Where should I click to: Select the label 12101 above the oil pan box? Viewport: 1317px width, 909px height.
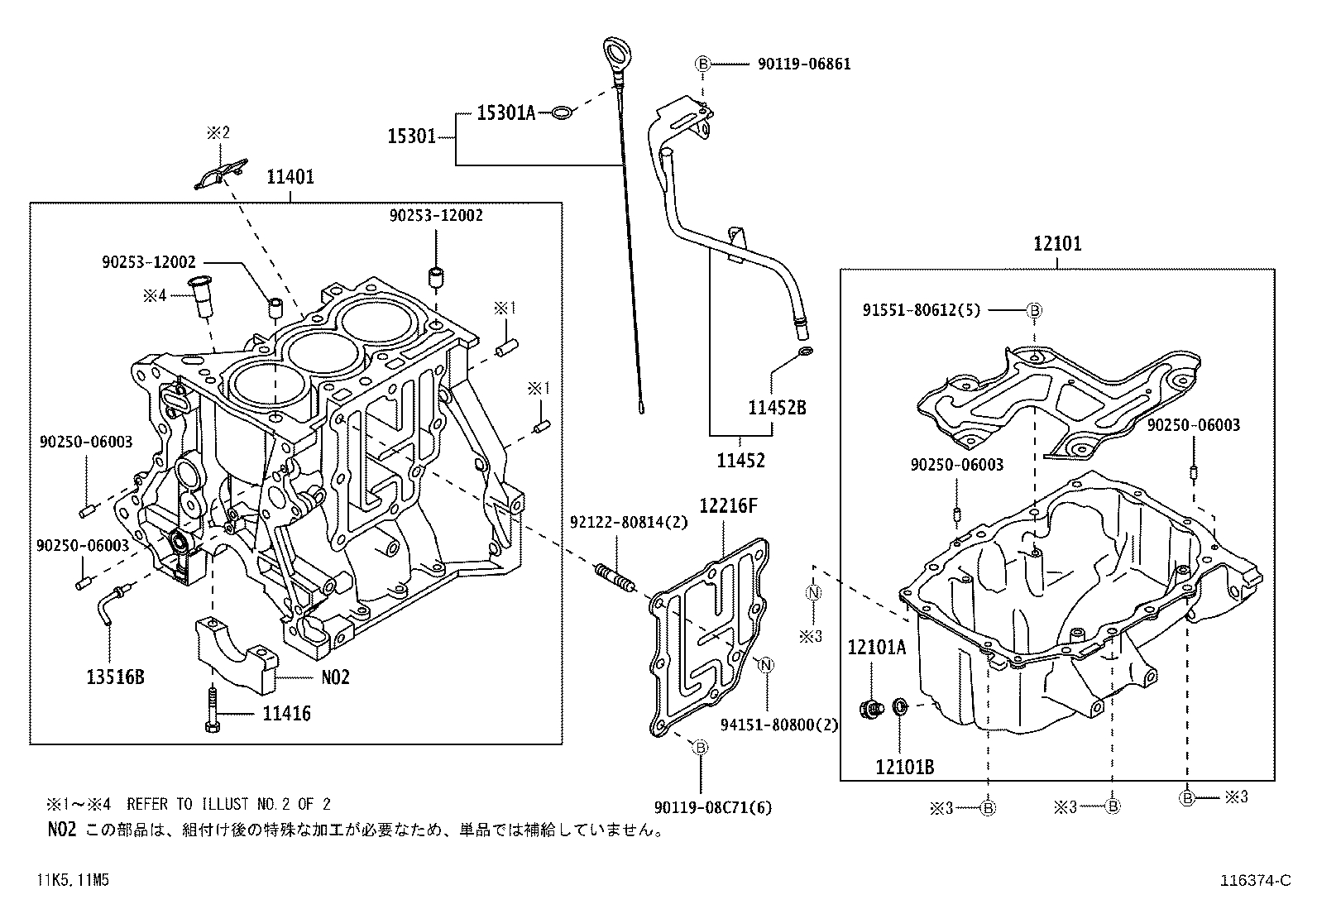click(x=1056, y=244)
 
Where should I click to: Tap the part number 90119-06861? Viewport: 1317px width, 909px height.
click(x=803, y=64)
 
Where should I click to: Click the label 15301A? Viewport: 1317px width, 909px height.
click(x=506, y=113)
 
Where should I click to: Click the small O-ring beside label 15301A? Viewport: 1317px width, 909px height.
click(x=561, y=112)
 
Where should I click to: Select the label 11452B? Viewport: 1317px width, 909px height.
click(x=777, y=407)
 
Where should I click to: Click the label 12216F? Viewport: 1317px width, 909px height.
click(x=728, y=505)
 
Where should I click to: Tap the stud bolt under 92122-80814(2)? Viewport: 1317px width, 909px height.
click(x=615, y=576)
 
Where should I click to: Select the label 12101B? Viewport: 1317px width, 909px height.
click(x=904, y=767)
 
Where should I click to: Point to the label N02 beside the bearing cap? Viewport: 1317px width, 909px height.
click(x=335, y=677)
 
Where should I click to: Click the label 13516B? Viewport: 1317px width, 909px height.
click(x=115, y=677)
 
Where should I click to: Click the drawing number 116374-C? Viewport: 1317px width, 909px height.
click(x=1255, y=881)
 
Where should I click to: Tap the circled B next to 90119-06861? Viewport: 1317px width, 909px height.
click(x=702, y=64)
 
